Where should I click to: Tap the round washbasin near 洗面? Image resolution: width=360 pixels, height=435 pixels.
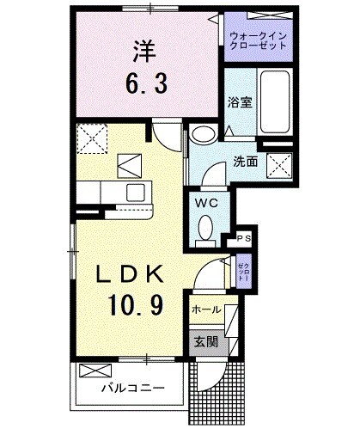204,135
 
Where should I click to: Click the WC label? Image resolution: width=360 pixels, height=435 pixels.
206,203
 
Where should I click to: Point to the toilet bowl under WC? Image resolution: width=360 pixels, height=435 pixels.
206,228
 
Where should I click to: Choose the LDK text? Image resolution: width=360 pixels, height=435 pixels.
130,276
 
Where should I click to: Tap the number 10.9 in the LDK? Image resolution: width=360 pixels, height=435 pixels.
131,306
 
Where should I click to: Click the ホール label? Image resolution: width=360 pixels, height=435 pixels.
206,309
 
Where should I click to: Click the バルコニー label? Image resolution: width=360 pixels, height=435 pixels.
132,389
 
